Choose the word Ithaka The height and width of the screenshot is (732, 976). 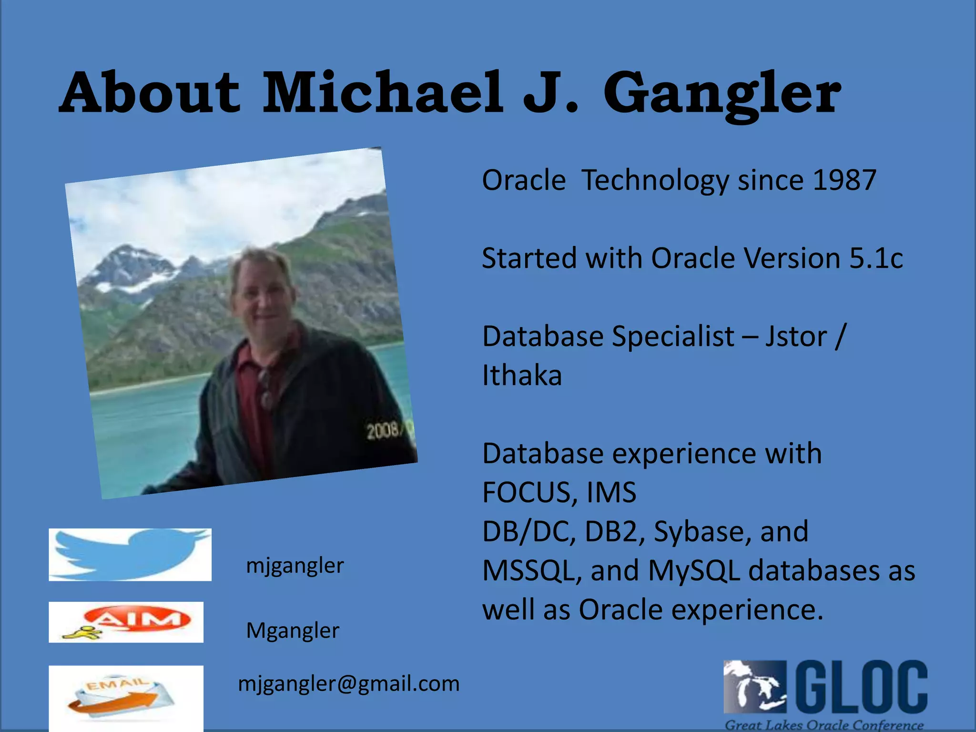click(x=522, y=376)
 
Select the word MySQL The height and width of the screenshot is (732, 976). click(x=694, y=570)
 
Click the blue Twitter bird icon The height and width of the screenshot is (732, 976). click(x=130, y=554)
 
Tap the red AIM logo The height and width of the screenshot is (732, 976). click(x=138, y=620)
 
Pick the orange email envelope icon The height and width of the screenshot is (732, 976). click(x=122, y=698)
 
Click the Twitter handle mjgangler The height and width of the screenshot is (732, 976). click(x=295, y=566)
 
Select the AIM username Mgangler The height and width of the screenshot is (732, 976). click(x=292, y=630)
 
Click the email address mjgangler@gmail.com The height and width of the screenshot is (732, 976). click(x=348, y=683)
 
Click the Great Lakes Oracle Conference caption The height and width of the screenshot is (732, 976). click(x=824, y=725)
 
